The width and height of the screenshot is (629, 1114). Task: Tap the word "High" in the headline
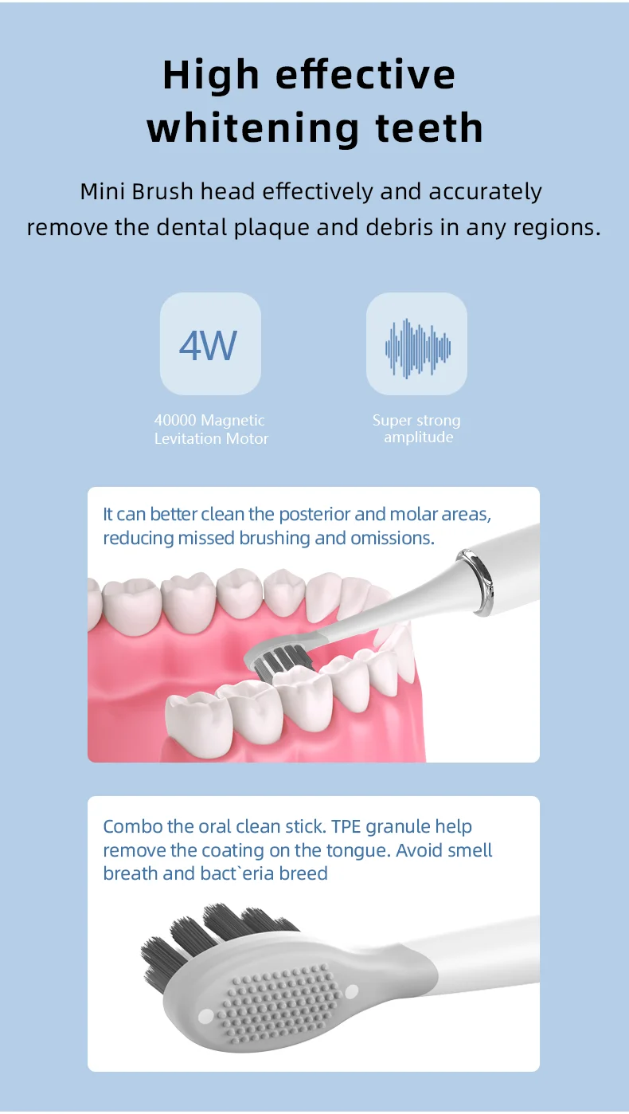200,75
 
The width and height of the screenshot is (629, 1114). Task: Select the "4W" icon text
209,344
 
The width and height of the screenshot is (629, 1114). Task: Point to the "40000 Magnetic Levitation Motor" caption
211,430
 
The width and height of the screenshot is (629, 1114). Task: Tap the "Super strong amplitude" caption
417,429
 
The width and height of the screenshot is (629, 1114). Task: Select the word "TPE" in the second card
346,826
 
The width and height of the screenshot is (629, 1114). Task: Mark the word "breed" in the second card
303,873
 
